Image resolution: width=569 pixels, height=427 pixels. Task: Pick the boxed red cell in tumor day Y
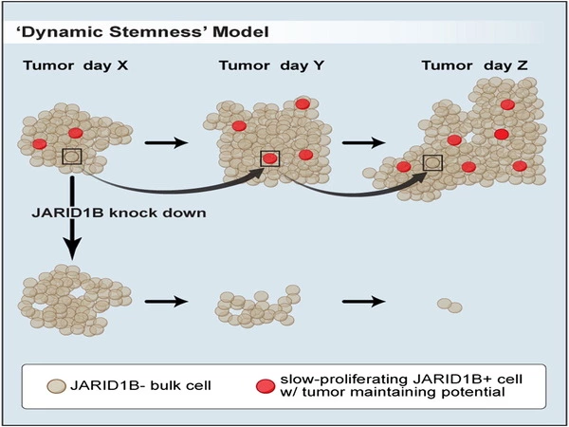[270, 158]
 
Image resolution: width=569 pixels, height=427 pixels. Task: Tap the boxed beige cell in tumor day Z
[432, 163]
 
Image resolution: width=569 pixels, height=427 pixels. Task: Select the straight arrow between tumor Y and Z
[362, 144]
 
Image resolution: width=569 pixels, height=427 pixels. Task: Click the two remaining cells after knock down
[450, 306]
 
